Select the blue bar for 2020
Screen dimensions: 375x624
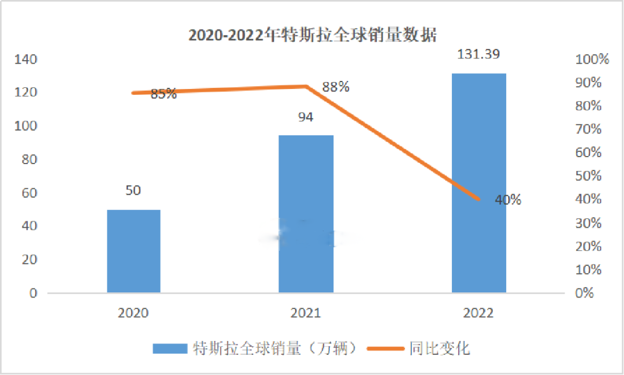(x=133, y=251)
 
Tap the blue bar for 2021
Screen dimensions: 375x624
(x=306, y=214)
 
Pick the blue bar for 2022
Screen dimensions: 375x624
(x=478, y=183)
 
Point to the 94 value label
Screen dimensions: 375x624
(x=306, y=117)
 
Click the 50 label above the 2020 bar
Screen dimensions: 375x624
(x=133, y=191)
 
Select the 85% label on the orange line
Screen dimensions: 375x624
(x=164, y=94)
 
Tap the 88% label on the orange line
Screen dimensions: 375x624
(x=336, y=87)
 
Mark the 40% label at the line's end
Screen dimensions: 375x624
(x=508, y=200)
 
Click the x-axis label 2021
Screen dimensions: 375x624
(x=306, y=313)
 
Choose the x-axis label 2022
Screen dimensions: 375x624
(x=478, y=313)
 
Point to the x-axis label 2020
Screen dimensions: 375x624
(x=133, y=313)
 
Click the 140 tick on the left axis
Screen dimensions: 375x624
(x=27, y=60)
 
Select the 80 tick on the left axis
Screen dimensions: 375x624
(x=29, y=159)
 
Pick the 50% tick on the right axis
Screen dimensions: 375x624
(x=589, y=176)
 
